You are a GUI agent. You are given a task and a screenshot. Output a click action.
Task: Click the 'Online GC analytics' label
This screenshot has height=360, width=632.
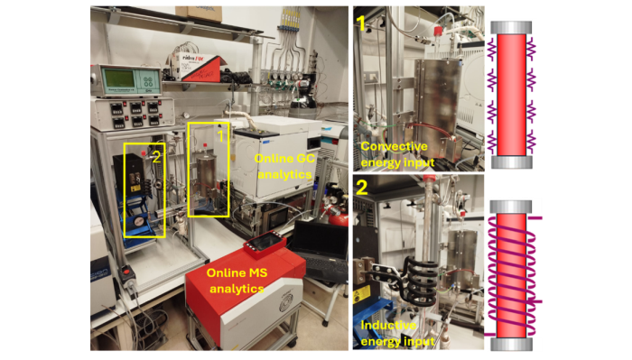[x=284, y=166]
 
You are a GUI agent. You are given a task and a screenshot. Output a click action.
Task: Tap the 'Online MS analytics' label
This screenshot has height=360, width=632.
[x=237, y=281]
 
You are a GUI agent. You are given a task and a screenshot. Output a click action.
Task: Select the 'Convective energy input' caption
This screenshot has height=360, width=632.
[x=397, y=154]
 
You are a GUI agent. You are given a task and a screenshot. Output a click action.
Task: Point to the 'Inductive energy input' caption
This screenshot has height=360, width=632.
[x=397, y=333]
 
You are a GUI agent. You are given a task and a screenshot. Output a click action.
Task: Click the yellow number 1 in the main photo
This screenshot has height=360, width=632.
[x=220, y=135]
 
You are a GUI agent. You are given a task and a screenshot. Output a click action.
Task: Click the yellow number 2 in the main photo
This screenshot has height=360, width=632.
[x=157, y=157]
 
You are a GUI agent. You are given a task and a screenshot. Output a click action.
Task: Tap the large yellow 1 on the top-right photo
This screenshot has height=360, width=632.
[x=361, y=23]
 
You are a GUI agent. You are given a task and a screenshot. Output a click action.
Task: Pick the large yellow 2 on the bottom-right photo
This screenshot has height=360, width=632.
[x=362, y=188]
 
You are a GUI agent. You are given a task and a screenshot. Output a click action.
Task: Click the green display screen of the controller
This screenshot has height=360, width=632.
[x=116, y=80]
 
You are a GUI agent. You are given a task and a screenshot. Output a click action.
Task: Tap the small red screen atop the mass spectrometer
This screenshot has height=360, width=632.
[x=265, y=244]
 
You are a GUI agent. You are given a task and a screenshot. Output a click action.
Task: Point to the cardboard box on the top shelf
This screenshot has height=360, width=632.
[x=199, y=14]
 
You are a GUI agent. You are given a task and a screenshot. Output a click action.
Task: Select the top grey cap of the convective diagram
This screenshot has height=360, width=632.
[x=511, y=28]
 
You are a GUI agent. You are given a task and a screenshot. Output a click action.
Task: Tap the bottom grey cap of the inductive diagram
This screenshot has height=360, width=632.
[x=511, y=345]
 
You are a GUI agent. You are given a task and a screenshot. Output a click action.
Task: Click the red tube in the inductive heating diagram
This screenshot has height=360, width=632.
[x=511, y=275]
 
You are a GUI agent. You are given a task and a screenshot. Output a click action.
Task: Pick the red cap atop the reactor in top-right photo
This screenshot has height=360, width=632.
[x=438, y=32]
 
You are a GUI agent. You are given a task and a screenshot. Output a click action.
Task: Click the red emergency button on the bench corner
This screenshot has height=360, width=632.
[x=127, y=272]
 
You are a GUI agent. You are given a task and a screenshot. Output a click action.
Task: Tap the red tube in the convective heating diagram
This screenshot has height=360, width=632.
[x=511, y=95]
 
